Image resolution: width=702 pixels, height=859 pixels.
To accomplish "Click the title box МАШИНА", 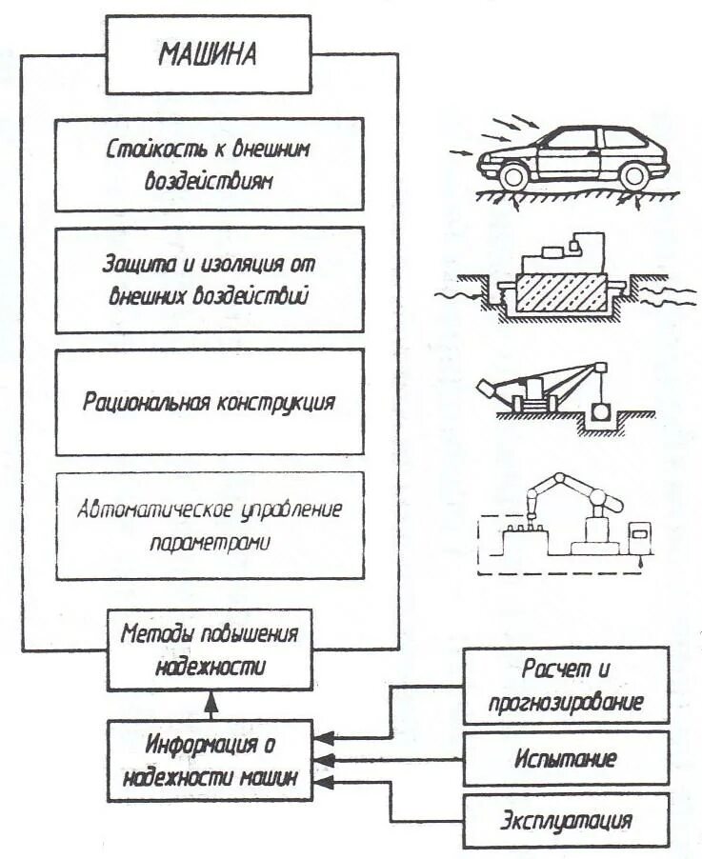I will click(x=207, y=53).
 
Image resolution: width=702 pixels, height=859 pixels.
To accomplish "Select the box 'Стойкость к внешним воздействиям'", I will click(x=210, y=165).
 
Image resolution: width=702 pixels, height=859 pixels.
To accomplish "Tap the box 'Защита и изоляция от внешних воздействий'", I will click(x=210, y=279).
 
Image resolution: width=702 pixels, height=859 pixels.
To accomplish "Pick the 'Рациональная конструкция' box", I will click(x=210, y=402).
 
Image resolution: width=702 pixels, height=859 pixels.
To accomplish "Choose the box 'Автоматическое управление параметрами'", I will click(x=210, y=525).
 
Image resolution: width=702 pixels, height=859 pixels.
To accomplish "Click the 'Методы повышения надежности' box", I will click(x=210, y=649).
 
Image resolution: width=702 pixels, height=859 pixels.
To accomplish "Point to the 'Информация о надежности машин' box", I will click(x=210, y=759).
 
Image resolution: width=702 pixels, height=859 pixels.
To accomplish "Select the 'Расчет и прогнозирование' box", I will click(x=566, y=686).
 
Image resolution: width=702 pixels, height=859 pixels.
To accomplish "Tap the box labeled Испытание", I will click(x=566, y=759).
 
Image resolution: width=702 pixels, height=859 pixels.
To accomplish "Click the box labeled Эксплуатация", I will click(x=566, y=820).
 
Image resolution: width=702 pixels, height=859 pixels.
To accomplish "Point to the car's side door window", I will click(x=572, y=140).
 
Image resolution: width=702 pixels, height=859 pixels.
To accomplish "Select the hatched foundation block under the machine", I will click(x=561, y=296).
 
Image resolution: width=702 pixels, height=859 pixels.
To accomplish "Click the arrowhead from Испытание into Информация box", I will click(x=324, y=759).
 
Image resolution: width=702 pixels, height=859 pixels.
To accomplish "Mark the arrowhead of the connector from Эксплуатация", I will click(x=324, y=782).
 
